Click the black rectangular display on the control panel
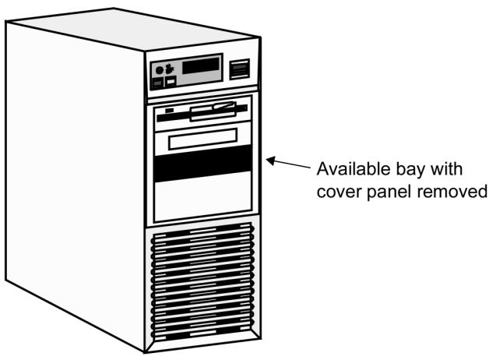point(200,65)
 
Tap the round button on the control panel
point(160,70)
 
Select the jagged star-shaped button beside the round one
point(169,69)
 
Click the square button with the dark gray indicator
point(158,83)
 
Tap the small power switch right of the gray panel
point(240,69)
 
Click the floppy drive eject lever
point(224,105)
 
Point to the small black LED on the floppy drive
point(169,111)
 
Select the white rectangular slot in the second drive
point(202,139)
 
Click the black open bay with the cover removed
point(203,163)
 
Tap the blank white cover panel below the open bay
point(203,196)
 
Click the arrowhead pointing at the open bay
point(270,161)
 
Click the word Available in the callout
point(354,169)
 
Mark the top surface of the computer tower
point(133,29)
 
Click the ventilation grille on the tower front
point(202,282)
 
